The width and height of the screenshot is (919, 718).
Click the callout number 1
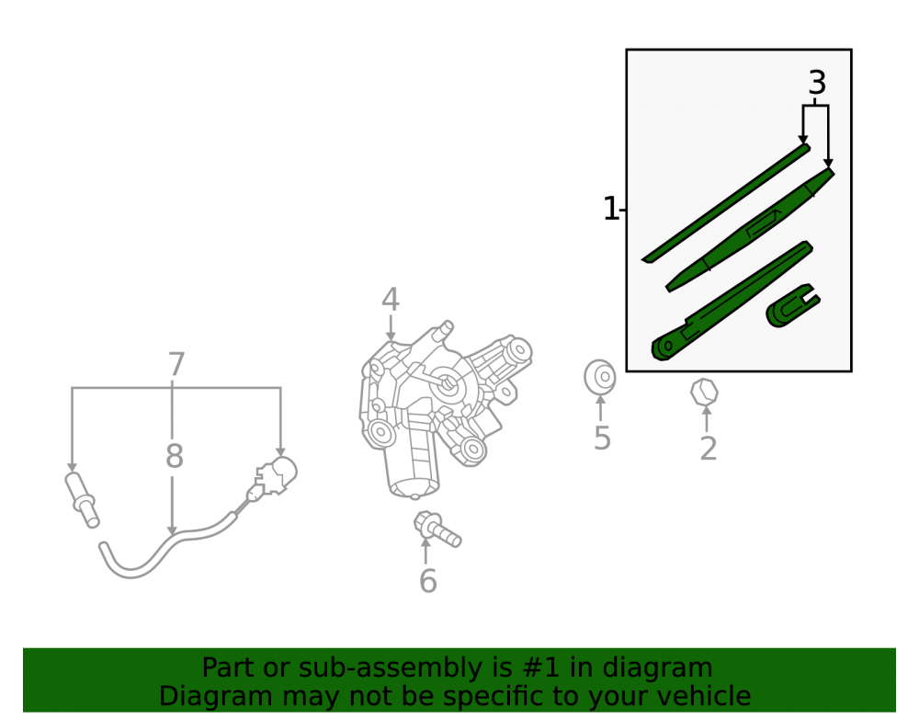[x=611, y=209]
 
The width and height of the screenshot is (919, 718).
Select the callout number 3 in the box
[x=817, y=83]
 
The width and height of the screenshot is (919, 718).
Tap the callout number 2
[x=708, y=449]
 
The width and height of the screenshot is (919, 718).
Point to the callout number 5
[x=602, y=438]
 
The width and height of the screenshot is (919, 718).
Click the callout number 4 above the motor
[x=391, y=300]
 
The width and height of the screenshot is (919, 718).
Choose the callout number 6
[x=428, y=580]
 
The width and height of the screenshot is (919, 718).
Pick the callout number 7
[x=176, y=365]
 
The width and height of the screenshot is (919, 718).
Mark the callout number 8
[x=174, y=455]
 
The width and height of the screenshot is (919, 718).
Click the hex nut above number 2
[x=704, y=393]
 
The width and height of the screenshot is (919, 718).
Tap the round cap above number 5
[x=599, y=377]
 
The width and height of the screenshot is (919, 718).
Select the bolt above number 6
[x=437, y=529]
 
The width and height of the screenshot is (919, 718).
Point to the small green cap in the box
[x=792, y=305]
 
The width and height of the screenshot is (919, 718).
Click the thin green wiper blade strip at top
[x=726, y=203]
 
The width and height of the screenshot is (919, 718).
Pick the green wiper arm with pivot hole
[x=732, y=300]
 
